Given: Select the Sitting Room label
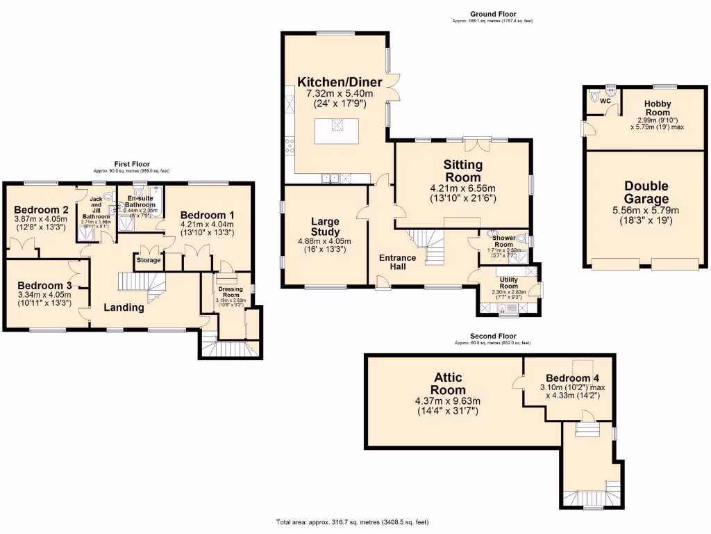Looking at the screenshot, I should [x=463, y=170].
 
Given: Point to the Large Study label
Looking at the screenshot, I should [x=325, y=227].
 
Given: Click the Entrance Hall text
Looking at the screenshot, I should [x=398, y=262].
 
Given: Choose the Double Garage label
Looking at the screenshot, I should [x=646, y=193].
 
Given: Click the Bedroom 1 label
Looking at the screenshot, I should [x=206, y=215].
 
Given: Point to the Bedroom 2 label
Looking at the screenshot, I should [x=41, y=210].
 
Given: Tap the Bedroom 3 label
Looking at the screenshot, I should [x=44, y=285].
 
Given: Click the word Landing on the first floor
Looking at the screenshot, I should [x=124, y=307].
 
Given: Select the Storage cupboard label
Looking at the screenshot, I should [x=148, y=260].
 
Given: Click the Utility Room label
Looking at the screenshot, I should [x=509, y=283].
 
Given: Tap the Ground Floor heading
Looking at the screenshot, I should [x=493, y=14].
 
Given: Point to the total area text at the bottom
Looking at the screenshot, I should [x=357, y=521].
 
